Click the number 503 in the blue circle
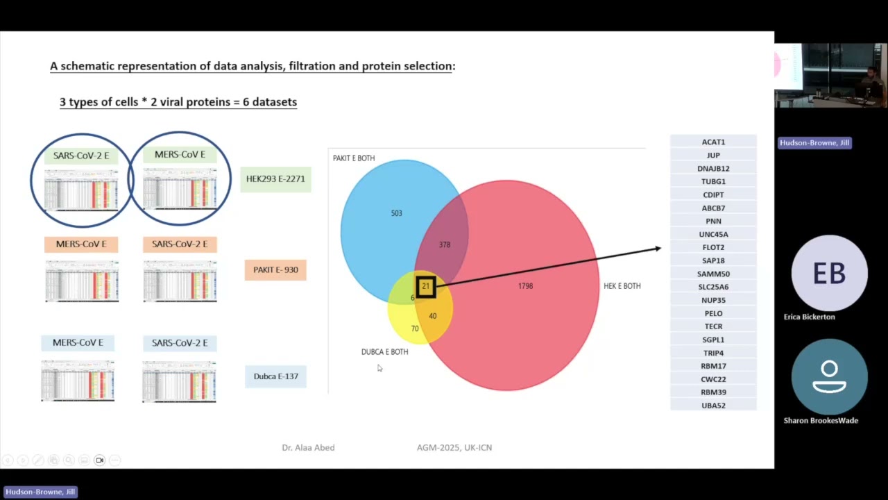(x=396, y=213)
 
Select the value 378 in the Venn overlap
(x=445, y=244)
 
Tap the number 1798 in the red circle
(x=525, y=286)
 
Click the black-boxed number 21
(x=426, y=286)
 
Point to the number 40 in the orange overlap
(x=432, y=316)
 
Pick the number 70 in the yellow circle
(x=415, y=328)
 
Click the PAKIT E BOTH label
(x=354, y=158)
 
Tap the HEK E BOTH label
(x=622, y=286)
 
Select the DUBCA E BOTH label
(x=384, y=352)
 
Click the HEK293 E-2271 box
(x=275, y=179)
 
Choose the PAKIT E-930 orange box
(x=275, y=270)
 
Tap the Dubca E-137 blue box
(x=275, y=376)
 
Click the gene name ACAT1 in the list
(x=713, y=142)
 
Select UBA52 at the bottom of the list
(x=713, y=406)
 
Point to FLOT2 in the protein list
(x=713, y=247)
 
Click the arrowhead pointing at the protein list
(x=657, y=248)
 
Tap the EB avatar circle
(x=829, y=273)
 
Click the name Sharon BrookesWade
(x=821, y=421)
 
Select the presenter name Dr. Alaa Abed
(x=308, y=448)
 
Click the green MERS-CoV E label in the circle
(x=180, y=154)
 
